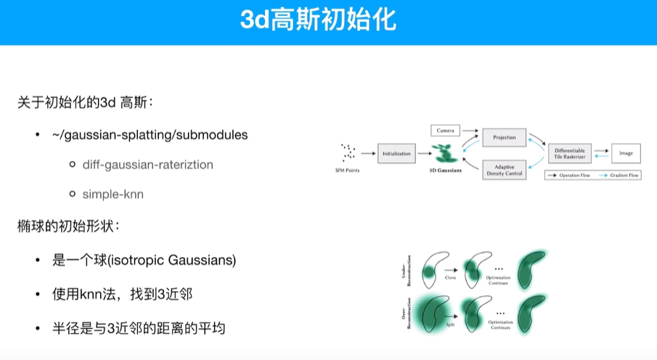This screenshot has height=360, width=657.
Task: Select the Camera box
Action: click(446, 131)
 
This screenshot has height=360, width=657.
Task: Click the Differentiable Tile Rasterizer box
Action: click(570, 153)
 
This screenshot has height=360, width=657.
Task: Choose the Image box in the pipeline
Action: click(626, 153)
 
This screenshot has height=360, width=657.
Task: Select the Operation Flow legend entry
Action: click(570, 175)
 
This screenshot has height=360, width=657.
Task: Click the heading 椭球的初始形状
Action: click(68, 226)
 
